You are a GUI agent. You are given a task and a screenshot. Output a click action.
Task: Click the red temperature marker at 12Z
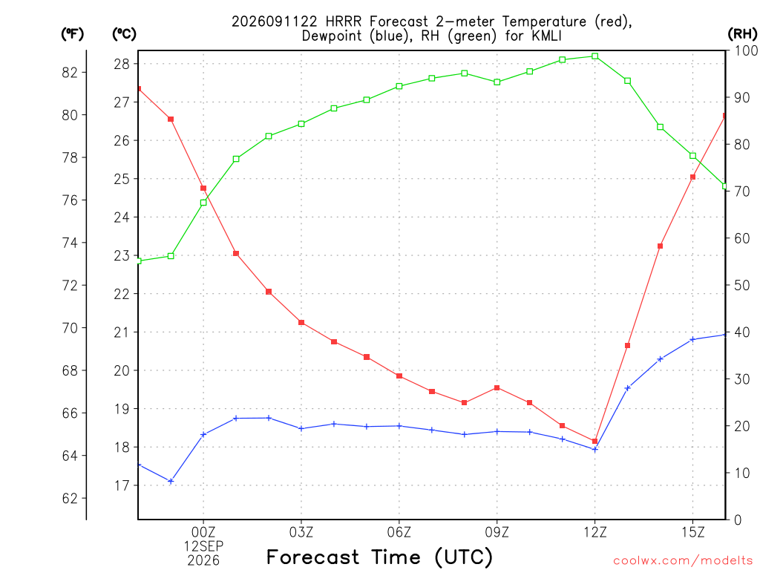595,441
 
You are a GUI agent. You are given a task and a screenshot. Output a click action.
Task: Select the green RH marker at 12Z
595,56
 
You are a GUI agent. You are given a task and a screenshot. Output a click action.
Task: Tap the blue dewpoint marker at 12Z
595,449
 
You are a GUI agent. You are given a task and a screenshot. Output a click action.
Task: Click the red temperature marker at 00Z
203,188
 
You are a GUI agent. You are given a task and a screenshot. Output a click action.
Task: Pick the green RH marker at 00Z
203,203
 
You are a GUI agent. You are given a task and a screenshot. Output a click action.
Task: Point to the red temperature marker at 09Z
497,387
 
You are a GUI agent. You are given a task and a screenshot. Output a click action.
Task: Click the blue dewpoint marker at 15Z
693,339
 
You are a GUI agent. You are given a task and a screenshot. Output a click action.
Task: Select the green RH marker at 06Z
399,86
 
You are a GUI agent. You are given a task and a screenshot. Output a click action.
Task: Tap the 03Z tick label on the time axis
301,532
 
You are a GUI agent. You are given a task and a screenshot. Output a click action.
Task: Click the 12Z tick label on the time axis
594,532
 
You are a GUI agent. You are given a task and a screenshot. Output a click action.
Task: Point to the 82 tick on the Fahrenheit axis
70,73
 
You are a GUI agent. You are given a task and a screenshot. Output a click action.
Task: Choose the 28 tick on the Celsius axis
122,64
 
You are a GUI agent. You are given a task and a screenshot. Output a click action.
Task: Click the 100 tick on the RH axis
747,50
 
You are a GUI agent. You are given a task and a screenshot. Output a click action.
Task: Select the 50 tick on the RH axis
741,286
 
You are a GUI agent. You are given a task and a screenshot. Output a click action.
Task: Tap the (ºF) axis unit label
72,34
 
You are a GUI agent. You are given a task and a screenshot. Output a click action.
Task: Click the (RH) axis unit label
742,34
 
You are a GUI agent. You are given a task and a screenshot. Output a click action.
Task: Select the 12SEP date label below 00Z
203,546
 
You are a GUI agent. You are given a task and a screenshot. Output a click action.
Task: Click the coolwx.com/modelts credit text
683,561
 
